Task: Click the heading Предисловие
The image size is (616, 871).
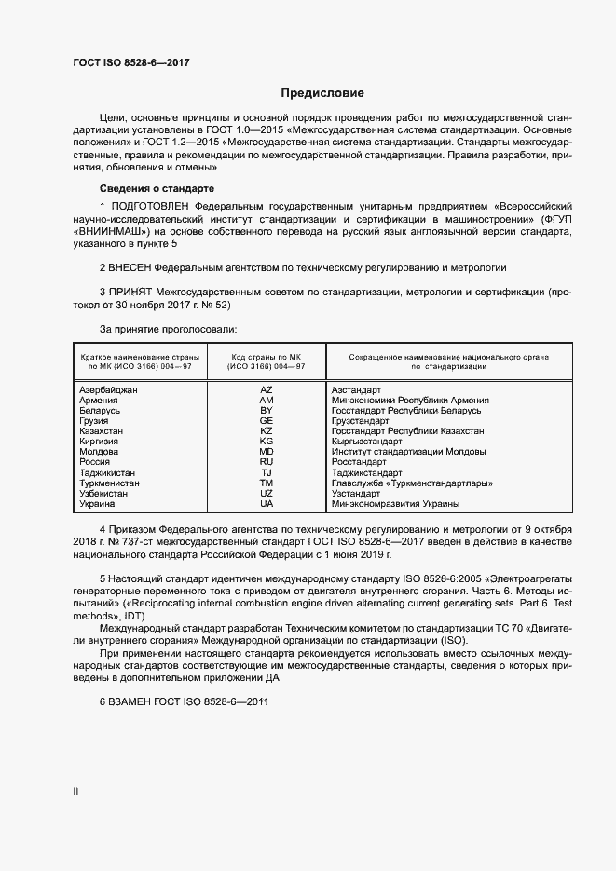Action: [322, 93]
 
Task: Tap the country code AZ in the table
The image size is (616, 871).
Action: [266, 389]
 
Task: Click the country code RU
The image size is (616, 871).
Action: [266, 462]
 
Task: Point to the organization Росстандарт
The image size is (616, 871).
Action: [358, 462]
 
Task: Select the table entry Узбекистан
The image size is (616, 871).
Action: [106, 493]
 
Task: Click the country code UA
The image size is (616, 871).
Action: [266, 504]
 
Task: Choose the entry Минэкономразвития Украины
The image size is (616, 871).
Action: [395, 504]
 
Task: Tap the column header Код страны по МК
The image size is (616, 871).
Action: [267, 357]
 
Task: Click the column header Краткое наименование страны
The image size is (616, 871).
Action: [136, 357]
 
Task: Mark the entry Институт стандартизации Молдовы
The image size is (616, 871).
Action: [408, 452]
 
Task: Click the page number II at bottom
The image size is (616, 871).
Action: [75, 791]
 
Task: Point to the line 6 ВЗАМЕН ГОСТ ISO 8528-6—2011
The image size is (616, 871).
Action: [184, 701]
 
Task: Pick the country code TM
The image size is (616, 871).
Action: [266, 483]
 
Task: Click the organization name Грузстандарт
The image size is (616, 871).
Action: [360, 421]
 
